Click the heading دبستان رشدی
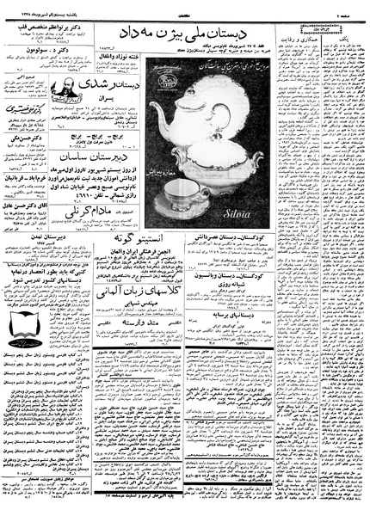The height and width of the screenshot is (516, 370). click(x=108, y=89)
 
